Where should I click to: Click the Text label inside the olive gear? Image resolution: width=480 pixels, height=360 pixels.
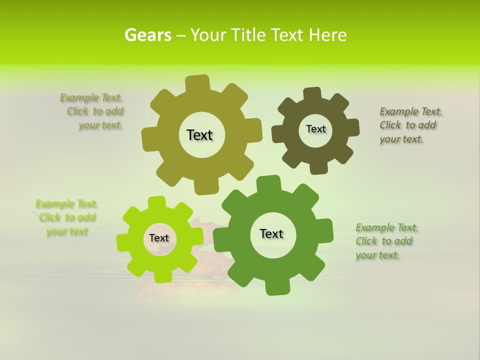pyautogui.click(x=199, y=135)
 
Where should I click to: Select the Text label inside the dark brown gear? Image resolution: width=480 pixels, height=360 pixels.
pyautogui.click(x=315, y=129)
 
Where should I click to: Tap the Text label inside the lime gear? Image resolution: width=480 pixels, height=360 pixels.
pyautogui.click(x=158, y=238)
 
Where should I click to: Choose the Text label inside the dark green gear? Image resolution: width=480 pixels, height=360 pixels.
pyautogui.click(x=271, y=233)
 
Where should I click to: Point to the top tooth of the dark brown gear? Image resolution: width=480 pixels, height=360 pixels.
pyautogui.click(x=312, y=93)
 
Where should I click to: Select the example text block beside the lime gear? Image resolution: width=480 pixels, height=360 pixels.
pyautogui.click(x=66, y=217)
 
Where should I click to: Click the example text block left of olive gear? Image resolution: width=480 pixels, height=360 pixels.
pyautogui.click(x=93, y=111)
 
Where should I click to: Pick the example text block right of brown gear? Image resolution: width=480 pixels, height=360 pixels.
pyautogui.click(x=410, y=125)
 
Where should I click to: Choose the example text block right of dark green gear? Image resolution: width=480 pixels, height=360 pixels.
pyautogui.click(x=386, y=241)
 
